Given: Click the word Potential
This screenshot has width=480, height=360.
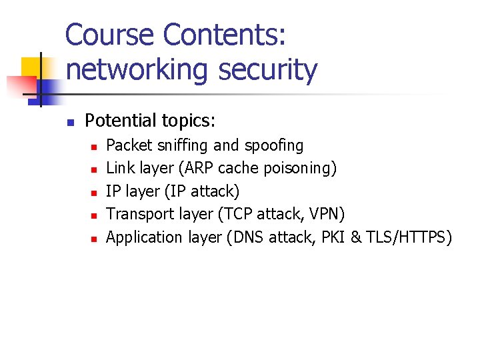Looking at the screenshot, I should [119, 121].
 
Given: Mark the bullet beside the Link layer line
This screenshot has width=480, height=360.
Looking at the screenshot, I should [95, 169].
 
